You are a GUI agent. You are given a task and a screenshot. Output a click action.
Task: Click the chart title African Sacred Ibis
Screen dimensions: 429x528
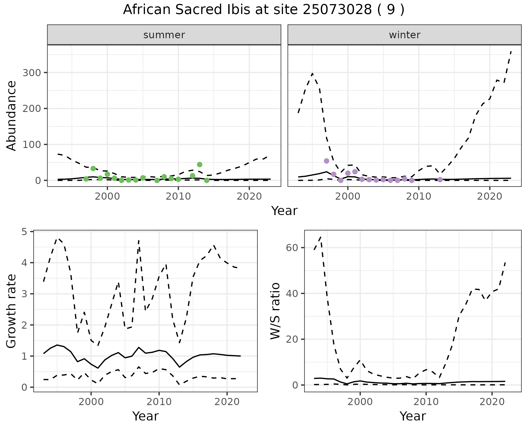click(263, 10)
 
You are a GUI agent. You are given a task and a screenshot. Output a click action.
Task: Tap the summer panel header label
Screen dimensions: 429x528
click(164, 35)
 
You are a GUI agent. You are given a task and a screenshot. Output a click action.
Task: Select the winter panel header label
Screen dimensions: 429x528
click(405, 35)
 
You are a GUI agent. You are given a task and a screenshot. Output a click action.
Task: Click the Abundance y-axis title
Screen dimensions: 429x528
click(12, 116)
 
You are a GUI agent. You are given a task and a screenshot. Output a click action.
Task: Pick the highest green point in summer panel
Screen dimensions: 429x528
click(200, 164)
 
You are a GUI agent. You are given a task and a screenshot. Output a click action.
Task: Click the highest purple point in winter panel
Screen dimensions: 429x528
click(326, 161)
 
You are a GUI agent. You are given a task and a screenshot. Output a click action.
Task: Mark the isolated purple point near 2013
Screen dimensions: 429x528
click(440, 180)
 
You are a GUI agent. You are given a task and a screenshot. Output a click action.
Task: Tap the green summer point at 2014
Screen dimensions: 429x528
click(207, 180)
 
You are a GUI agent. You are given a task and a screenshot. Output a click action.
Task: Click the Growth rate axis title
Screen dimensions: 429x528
click(12, 311)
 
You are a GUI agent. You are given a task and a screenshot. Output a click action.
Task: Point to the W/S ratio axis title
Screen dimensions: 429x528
click(275, 311)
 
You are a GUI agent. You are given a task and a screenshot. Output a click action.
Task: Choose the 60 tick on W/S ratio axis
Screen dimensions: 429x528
click(292, 248)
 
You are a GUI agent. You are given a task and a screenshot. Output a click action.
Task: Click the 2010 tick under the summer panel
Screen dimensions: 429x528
click(178, 197)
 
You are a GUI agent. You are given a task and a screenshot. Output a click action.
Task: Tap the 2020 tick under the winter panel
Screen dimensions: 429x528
click(490, 197)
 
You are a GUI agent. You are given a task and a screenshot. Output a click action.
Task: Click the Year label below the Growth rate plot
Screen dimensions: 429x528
click(145, 416)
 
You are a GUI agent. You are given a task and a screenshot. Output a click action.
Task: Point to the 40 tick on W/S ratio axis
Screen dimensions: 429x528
click(292, 293)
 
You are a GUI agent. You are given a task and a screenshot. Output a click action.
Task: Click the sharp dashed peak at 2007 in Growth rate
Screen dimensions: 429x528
click(139, 240)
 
